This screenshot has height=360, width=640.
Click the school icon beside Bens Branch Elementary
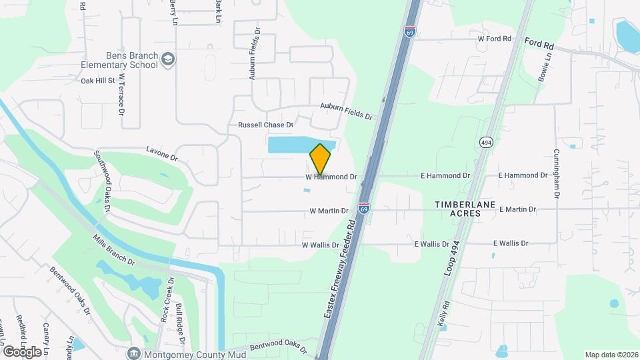click(167, 60)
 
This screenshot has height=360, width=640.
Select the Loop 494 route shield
click(485, 142)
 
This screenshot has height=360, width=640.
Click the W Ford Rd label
click(494, 39)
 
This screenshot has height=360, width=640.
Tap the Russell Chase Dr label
click(265, 125)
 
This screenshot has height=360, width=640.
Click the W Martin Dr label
click(329, 211)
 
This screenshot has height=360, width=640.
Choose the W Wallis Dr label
click(321, 245)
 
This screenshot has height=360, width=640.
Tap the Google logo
click(21, 351)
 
